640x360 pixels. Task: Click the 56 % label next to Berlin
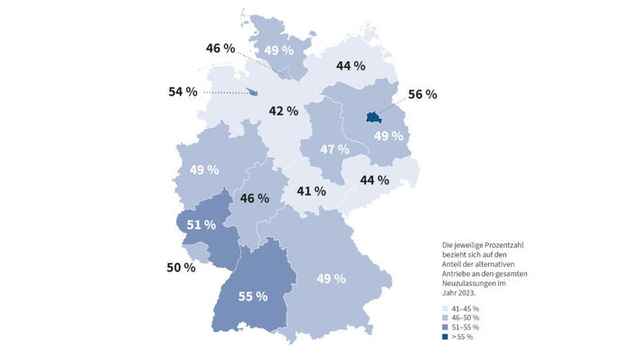click(423, 94)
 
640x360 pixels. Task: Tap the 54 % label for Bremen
click(183, 92)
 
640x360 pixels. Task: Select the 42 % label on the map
click(283, 111)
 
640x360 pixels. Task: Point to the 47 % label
click(335, 149)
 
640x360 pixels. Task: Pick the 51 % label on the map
click(201, 224)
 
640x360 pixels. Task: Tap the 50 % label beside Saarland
click(181, 267)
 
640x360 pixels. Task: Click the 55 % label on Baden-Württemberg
click(253, 296)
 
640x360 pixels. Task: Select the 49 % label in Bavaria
click(332, 278)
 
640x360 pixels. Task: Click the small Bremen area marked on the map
click(250, 90)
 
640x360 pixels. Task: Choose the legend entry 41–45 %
click(460, 309)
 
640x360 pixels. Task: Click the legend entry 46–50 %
click(460, 318)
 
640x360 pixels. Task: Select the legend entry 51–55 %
click(460, 327)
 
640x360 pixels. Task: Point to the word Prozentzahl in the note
click(488, 243)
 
